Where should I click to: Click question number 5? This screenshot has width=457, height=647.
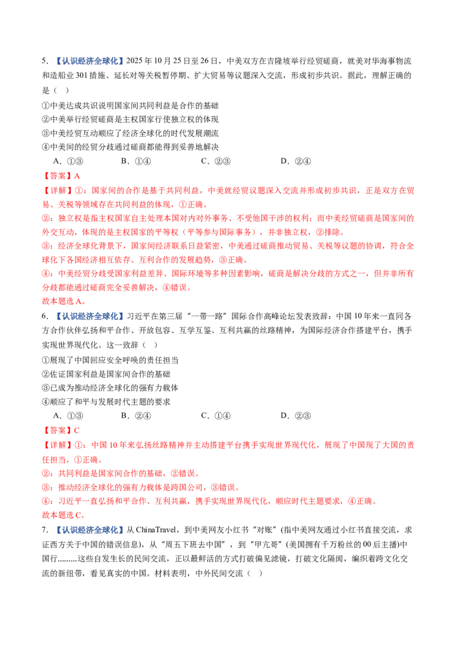click(45, 61)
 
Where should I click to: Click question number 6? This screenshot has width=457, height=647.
click(45, 316)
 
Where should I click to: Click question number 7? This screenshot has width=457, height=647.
click(45, 530)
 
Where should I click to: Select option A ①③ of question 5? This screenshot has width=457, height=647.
click(69, 161)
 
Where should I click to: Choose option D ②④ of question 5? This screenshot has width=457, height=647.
click(296, 161)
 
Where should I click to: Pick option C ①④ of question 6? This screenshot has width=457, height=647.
click(216, 416)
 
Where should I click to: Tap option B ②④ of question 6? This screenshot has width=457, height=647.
click(136, 416)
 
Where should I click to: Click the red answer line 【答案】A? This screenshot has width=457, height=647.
click(61, 176)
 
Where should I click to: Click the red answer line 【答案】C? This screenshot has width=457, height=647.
click(61, 431)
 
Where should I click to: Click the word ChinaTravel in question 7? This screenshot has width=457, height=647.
click(156, 530)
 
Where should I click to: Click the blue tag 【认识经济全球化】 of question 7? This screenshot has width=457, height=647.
click(90, 530)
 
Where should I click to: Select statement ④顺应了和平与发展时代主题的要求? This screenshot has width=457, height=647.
click(106, 402)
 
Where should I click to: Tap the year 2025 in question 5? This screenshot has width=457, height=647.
click(134, 61)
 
